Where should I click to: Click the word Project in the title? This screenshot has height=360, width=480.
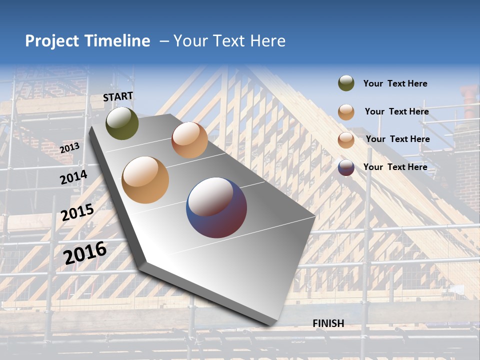51,41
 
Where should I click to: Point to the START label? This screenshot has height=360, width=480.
118,96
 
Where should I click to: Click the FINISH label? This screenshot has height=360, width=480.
328,323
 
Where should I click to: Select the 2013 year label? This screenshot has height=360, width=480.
69,148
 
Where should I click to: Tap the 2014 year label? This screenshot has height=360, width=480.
73,177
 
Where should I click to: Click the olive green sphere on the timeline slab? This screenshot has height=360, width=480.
122,123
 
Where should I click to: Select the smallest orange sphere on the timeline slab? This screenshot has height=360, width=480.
189,139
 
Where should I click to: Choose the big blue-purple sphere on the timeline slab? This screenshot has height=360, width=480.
216,207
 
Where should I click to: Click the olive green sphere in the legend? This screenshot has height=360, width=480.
346,83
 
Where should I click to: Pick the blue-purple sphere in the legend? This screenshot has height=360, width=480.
346,167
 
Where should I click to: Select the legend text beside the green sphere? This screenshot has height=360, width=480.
395,83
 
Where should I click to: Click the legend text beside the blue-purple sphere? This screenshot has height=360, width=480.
395,167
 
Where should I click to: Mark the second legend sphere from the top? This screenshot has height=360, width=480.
346,112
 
